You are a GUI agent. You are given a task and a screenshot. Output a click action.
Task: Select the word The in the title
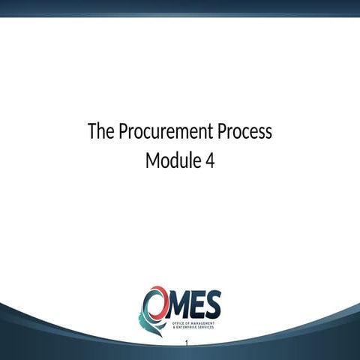click(100, 132)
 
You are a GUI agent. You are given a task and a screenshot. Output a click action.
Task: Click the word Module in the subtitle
click(169, 160)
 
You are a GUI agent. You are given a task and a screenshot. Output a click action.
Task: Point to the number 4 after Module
click(209, 160)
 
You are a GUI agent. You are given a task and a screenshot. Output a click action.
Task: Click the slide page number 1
click(185, 343)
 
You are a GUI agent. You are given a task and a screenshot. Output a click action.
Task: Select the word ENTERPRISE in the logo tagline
click(187, 328)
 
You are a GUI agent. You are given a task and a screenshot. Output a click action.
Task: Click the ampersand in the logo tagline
click(173, 328)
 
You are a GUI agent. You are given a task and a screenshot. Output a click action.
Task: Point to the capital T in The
click(92, 132)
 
